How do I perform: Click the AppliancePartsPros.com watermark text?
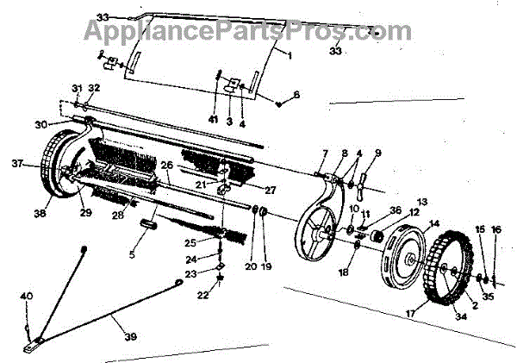(246, 31)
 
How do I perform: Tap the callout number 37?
(16, 162)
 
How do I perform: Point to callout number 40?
(27, 297)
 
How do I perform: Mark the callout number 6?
(296, 94)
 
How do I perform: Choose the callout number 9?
(377, 153)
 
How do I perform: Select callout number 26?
(167, 165)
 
